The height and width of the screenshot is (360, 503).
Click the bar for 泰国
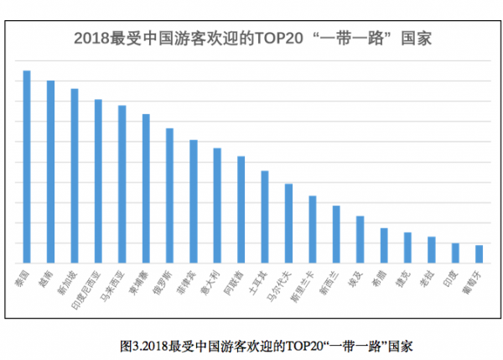coord(27,168)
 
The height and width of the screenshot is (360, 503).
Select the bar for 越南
coord(50,173)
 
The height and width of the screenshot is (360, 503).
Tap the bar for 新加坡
coord(74,177)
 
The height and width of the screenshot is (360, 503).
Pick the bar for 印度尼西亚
coord(98,182)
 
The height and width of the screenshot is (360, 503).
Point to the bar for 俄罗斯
coord(169,196)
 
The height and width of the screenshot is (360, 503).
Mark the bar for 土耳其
coord(265,218)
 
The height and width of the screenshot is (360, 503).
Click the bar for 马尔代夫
coord(288,224)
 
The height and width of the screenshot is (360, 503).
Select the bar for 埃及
coord(360,240)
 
